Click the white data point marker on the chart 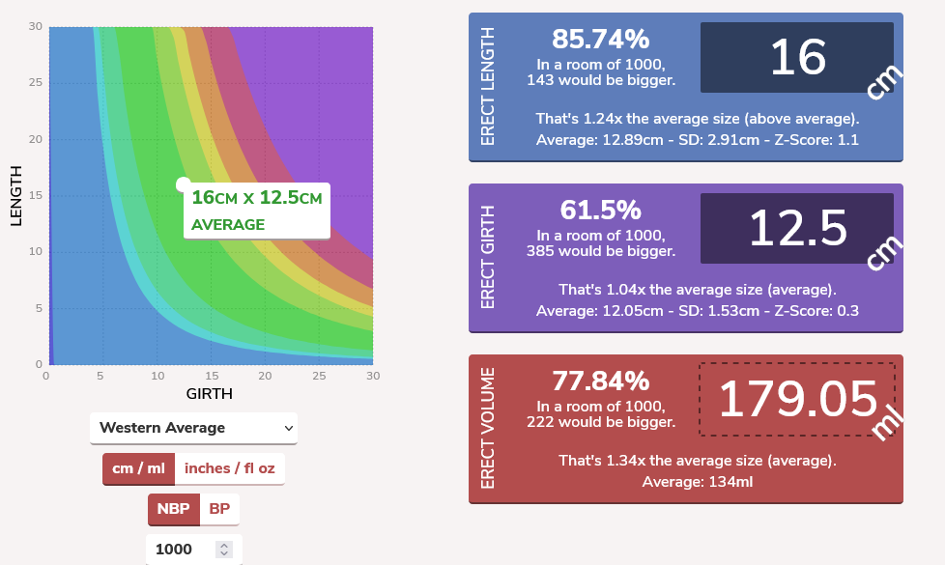tap(183, 184)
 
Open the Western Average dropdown tap(193, 428)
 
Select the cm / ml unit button tap(138, 468)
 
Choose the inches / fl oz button tap(229, 468)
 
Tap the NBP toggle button tap(173, 509)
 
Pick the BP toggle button tap(219, 509)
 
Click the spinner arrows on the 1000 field tap(224, 550)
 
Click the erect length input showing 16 tap(796, 59)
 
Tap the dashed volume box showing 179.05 tap(796, 399)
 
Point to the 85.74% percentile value tap(600, 40)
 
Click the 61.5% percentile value tap(600, 210)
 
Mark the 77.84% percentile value tap(600, 381)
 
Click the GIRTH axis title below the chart tap(209, 394)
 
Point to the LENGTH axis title tap(15, 196)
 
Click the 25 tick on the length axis tap(36, 83)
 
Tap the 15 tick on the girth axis tap(211, 376)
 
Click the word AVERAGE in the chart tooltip tap(228, 225)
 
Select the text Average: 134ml tap(697, 482)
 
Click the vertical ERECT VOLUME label tap(487, 428)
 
